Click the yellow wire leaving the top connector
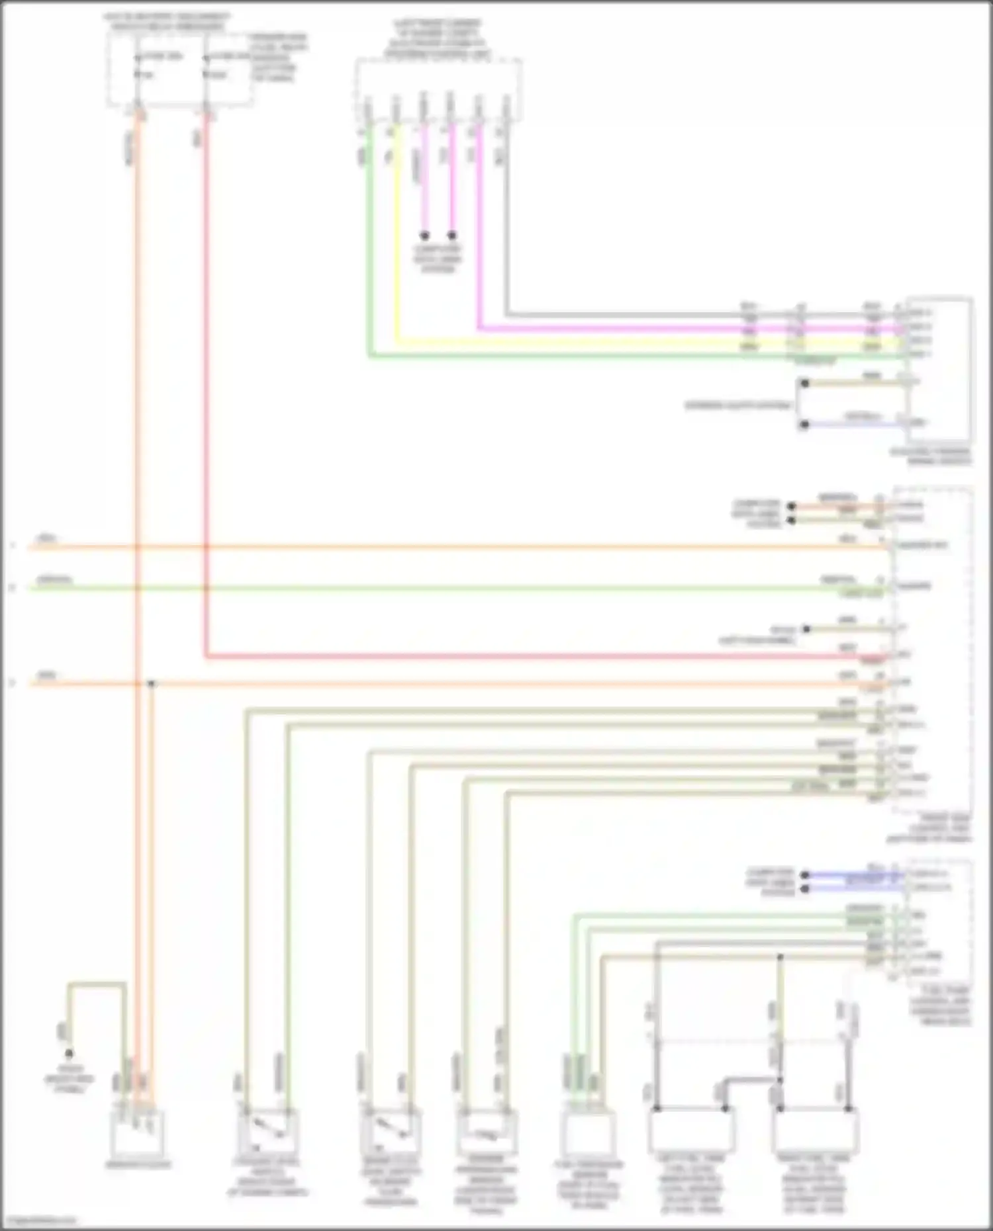[x=397, y=232]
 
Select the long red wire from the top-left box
[x=207, y=397]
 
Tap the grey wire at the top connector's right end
[x=506, y=218]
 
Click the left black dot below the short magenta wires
[x=425, y=235]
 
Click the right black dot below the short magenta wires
[x=452, y=235]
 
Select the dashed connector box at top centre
[x=438, y=89]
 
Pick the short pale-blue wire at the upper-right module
[x=854, y=424]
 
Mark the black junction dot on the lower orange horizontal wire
[x=151, y=683]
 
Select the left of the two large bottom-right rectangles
[x=691, y=1131]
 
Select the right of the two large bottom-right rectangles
[x=815, y=1131]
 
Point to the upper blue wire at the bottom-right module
[x=854, y=874]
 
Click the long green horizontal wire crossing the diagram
[x=463, y=588]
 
